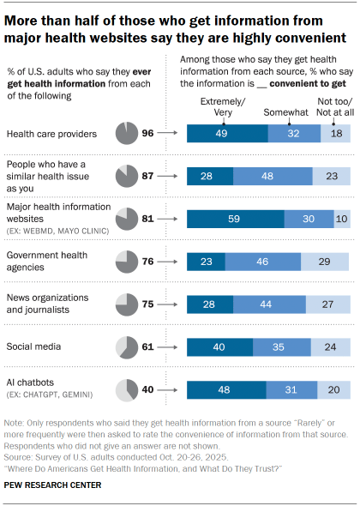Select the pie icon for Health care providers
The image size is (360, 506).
(x=125, y=133)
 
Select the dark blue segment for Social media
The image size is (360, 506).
(x=219, y=346)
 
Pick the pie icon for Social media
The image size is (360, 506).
(x=125, y=346)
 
